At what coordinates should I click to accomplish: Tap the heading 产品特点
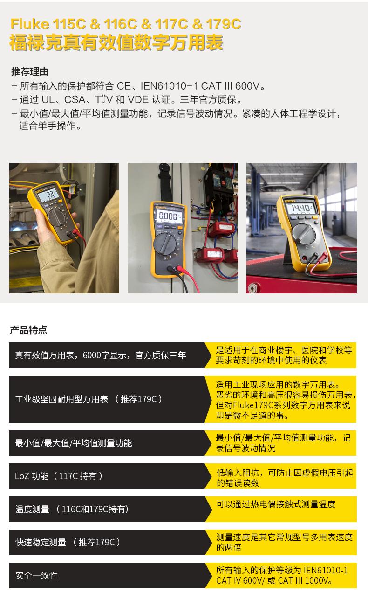click(28, 330)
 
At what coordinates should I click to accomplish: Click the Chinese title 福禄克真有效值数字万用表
click(116, 43)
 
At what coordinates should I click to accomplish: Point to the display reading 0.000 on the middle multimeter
click(168, 216)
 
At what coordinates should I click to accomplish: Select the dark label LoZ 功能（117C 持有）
click(59, 476)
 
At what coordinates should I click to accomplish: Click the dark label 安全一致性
click(36, 575)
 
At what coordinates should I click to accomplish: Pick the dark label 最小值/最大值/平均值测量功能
click(74, 443)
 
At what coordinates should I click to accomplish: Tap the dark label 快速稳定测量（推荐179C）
click(68, 542)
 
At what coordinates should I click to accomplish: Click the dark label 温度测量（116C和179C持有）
click(72, 509)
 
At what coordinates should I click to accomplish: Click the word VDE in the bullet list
click(137, 99)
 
